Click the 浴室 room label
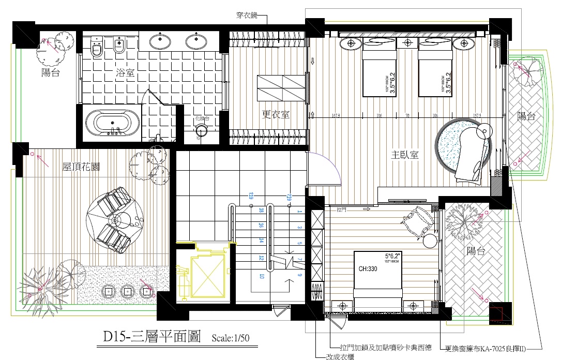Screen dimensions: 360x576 click(x=126, y=73)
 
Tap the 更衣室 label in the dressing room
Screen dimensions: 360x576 click(x=276, y=114)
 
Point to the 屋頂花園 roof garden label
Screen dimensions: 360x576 click(x=81, y=167)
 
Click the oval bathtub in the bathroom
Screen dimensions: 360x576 click(x=112, y=124)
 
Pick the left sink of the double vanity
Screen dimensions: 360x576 click(x=162, y=39)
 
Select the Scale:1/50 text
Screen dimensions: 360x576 click(x=231, y=339)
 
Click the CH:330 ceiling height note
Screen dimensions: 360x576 click(x=370, y=268)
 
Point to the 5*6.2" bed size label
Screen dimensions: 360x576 click(x=393, y=256)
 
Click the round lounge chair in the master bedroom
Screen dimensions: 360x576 click(x=463, y=147)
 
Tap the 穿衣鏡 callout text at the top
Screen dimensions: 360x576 click(x=247, y=16)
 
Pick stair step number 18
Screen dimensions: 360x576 click(x=262, y=211)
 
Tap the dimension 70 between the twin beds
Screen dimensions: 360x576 click(x=407, y=116)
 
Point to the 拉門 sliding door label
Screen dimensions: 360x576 click(x=341, y=210)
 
